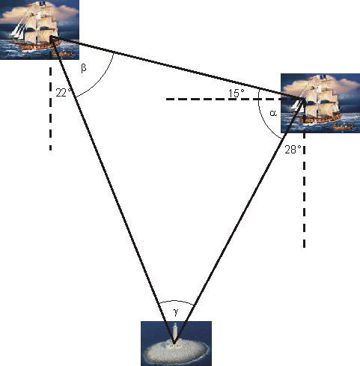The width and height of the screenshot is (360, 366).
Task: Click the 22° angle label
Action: click(64, 93)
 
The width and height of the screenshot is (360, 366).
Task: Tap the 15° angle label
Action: click(237, 94)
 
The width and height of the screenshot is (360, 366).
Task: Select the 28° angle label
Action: click(293, 149)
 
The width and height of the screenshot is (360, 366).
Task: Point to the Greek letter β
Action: click(83, 68)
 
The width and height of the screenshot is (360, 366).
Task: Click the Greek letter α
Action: click(273, 112)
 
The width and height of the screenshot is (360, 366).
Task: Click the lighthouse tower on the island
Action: click(175, 332)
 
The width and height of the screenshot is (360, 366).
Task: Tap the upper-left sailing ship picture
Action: click(39, 30)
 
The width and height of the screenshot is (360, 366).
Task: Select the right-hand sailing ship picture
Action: click(320, 103)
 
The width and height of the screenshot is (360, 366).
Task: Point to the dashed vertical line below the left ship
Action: click(51, 112)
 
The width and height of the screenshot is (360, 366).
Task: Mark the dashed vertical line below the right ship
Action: click(305, 202)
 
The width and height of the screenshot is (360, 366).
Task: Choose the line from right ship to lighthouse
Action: click(240, 221)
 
